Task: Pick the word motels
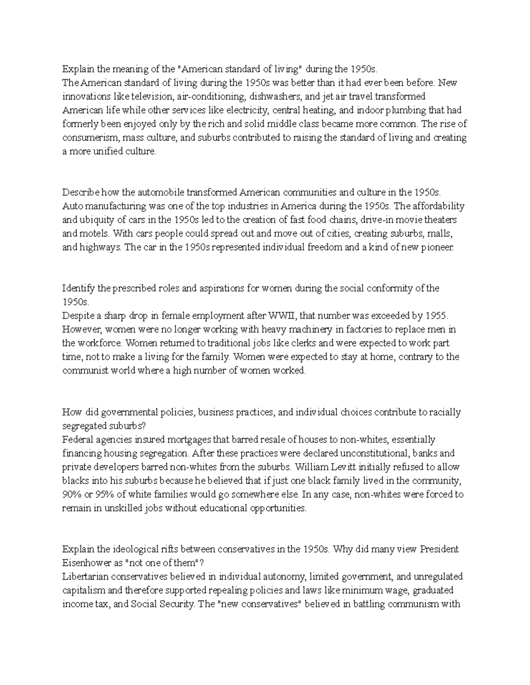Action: tap(92, 233)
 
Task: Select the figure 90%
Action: tap(72, 494)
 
